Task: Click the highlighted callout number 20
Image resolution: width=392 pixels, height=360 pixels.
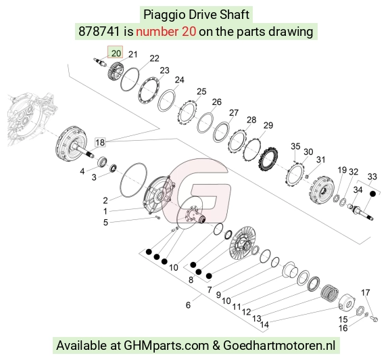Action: [x=116, y=53]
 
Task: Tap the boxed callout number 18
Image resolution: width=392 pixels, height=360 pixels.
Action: [x=100, y=143]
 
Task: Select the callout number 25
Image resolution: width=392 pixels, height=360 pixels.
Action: [x=201, y=91]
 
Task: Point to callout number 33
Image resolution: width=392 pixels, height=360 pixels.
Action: [x=372, y=177]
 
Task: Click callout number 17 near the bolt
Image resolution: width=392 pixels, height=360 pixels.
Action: [x=365, y=292]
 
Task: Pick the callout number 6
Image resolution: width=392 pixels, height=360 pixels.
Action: [x=188, y=305]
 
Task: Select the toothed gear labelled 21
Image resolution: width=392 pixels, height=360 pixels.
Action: [x=116, y=70]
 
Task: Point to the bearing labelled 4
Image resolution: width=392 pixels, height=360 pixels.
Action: [x=102, y=161]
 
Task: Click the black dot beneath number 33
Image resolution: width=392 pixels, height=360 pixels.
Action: [x=372, y=194]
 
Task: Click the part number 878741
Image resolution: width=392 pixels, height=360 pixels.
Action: [x=99, y=32]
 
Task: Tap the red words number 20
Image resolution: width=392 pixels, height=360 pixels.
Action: [x=166, y=32]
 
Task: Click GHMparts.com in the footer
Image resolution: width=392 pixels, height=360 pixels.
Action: [x=166, y=346]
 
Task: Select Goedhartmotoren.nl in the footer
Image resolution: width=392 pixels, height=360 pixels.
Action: [x=279, y=346]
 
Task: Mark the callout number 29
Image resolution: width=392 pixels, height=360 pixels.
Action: [x=268, y=125]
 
